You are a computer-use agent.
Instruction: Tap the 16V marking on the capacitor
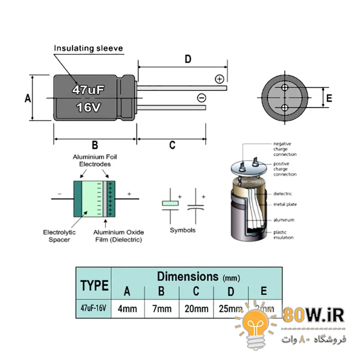(x=89, y=108)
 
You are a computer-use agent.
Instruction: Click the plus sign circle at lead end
(x=220, y=79)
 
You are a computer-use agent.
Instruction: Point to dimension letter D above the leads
(x=188, y=59)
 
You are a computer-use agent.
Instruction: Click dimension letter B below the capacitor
(x=95, y=145)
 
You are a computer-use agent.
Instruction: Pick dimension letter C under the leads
(x=172, y=145)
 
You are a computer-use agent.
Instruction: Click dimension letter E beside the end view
(x=329, y=99)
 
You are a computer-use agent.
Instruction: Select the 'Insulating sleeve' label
(x=88, y=48)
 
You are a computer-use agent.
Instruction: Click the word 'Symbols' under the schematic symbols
(x=183, y=230)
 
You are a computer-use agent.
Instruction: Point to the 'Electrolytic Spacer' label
(x=59, y=236)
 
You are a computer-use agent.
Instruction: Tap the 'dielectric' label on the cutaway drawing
(x=283, y=194)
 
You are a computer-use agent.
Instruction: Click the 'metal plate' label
(x=284, y=205)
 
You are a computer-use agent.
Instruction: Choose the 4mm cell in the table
(x=127, y=309)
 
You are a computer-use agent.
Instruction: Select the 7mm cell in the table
(x=162, y=309)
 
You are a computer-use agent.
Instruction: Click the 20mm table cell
(x=196, y=309)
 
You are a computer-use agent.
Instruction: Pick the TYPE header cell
(x=94, y=285)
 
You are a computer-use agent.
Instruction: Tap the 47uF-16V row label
(x=94, y=308)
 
